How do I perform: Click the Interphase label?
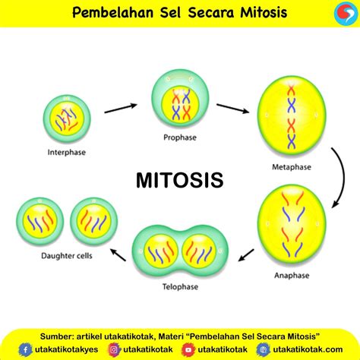point(67,152)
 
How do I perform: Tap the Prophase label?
point(180,137)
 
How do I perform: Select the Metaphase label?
point(292,167)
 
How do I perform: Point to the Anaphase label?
point(292,275)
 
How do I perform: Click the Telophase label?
point(180,286)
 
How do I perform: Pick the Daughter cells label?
point(67,256)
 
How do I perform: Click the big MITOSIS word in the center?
point(180,180)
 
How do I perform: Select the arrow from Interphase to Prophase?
point(121,108)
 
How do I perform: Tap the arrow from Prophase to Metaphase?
point(233,109)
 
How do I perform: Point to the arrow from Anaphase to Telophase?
point(246,255)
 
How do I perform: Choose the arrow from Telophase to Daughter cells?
point(118,254)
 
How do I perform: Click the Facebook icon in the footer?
point(25,349)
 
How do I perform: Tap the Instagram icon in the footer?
point(114,349)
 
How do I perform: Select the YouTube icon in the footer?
point(188,349)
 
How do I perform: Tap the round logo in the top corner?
point(346,13)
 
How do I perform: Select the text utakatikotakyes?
point(67,349)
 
